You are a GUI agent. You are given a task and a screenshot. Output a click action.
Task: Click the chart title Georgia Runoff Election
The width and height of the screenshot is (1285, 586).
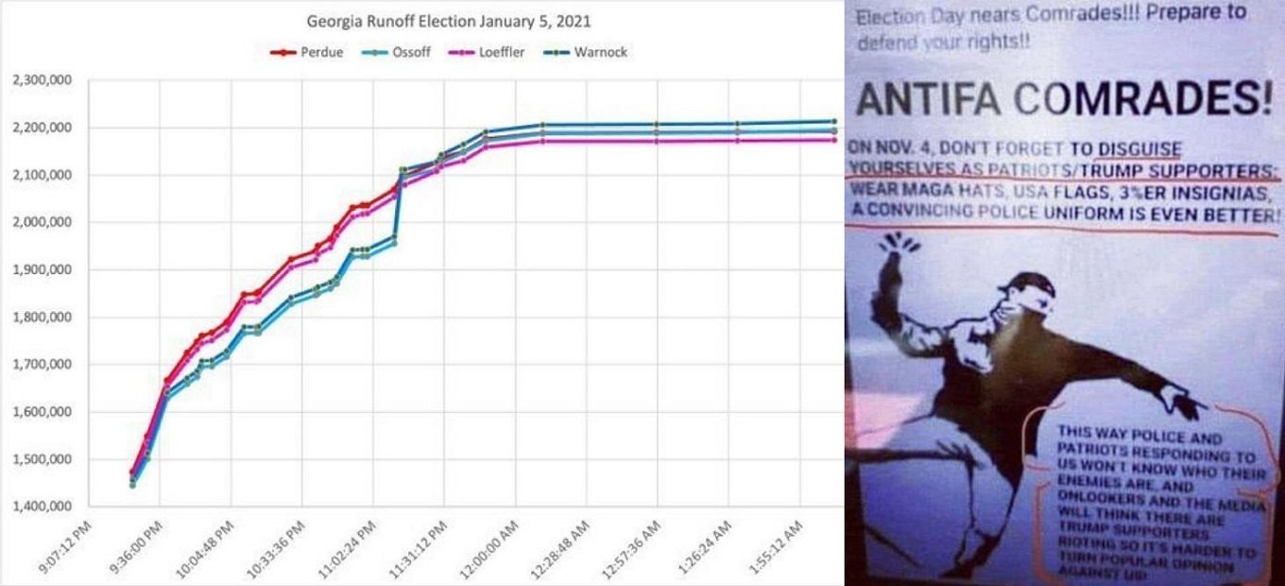(x=449, y=21)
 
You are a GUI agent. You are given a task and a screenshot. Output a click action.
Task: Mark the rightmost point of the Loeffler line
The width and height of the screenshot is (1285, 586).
(x=834, y=140)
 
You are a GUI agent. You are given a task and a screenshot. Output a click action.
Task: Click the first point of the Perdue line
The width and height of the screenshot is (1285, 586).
(x=132, y=472)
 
